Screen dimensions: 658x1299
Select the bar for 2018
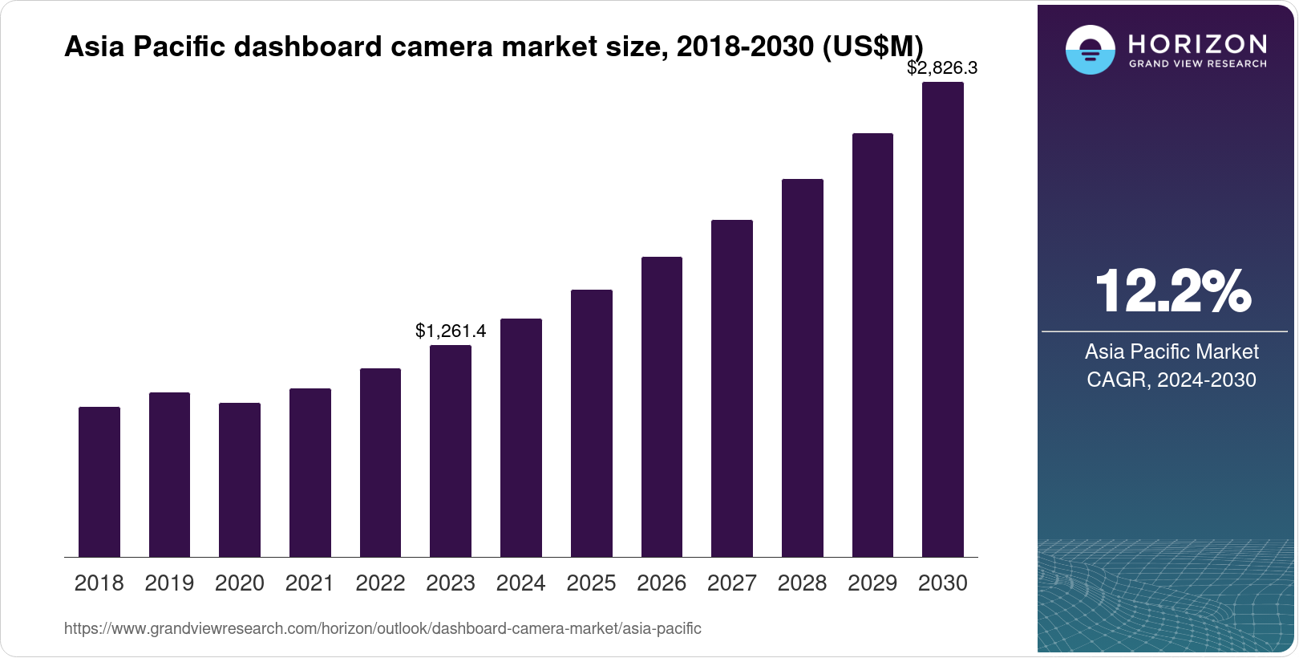(99, 481)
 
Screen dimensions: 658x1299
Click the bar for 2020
(240, 480)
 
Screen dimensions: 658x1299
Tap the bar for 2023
(451, 451)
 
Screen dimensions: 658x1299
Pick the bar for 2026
(662, 407)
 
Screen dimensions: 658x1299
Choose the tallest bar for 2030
(943, 319)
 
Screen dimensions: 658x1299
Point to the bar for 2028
(803, 368)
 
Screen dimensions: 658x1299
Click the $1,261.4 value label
(451, 331)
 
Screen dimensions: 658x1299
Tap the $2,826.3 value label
(942, 68)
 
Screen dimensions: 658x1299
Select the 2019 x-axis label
(169, 583)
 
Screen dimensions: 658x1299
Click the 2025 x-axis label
(591, 583)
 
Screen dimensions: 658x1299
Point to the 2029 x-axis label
(872, 583)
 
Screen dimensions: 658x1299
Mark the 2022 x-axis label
(380, 583)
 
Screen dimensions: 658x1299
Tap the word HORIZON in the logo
(1197, 43)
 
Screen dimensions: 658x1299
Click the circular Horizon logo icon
(1090, 50)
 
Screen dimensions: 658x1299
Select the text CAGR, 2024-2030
(1172, 380)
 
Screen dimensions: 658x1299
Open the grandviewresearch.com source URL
(382, 628)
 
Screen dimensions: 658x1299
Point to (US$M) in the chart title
(874, 47)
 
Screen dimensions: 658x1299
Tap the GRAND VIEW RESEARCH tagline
(1197, 63)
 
